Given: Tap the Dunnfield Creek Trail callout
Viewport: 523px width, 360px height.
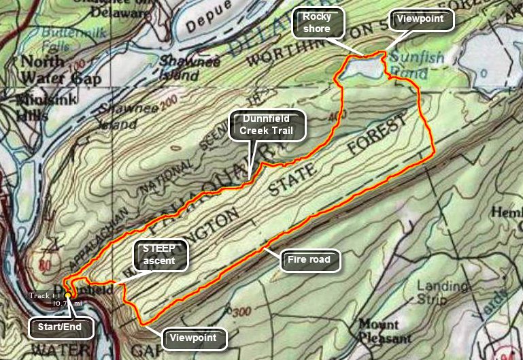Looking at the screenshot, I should tap(267, 125).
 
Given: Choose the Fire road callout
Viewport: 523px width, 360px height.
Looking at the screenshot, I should tap(310, 259).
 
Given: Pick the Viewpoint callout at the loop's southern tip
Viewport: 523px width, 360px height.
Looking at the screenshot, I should tap(194, 338).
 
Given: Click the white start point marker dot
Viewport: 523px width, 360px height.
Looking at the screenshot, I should tap(69, 296).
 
